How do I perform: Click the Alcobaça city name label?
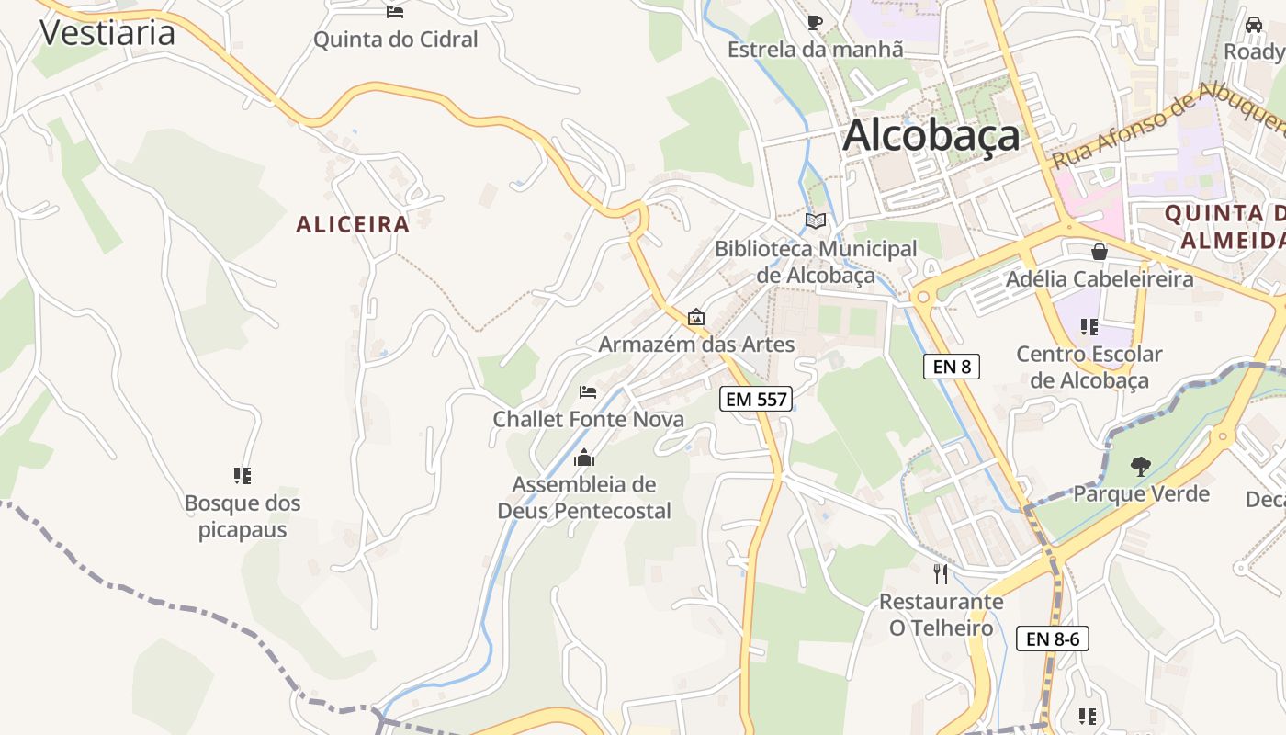click(x=931, y=136)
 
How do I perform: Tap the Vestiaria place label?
click(x=107, y=32)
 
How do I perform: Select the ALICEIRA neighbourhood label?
click(x=353, y=224)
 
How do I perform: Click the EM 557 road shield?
click(x=756, y=398)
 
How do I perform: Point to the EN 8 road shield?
click(x=952, y=367)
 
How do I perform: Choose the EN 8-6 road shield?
click(x=1052, y=639)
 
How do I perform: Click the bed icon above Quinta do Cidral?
click(x=395, y=11)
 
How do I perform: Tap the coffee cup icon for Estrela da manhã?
click(x=814, y=22)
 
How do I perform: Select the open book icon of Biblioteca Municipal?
click(x=816, y=220)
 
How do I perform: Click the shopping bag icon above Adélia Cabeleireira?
click(x=1099, y=251)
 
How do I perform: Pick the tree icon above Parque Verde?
click(x=1141, y=467)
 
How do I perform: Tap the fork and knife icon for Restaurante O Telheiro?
click(x=940, y=574)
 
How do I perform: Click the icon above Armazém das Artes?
click(x=696, y=318)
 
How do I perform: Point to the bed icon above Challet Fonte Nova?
click(x=588, y=392)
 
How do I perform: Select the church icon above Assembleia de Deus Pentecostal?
click(x=584, y=458)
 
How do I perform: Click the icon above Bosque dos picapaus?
click(x=243, y=476)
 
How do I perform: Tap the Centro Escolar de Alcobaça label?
click(x=1089, y=367)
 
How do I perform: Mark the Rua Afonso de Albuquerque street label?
click(x=1167, y=126)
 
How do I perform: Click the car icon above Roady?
click(x=1254, y=24)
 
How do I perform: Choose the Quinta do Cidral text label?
click(x=396, y=40)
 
